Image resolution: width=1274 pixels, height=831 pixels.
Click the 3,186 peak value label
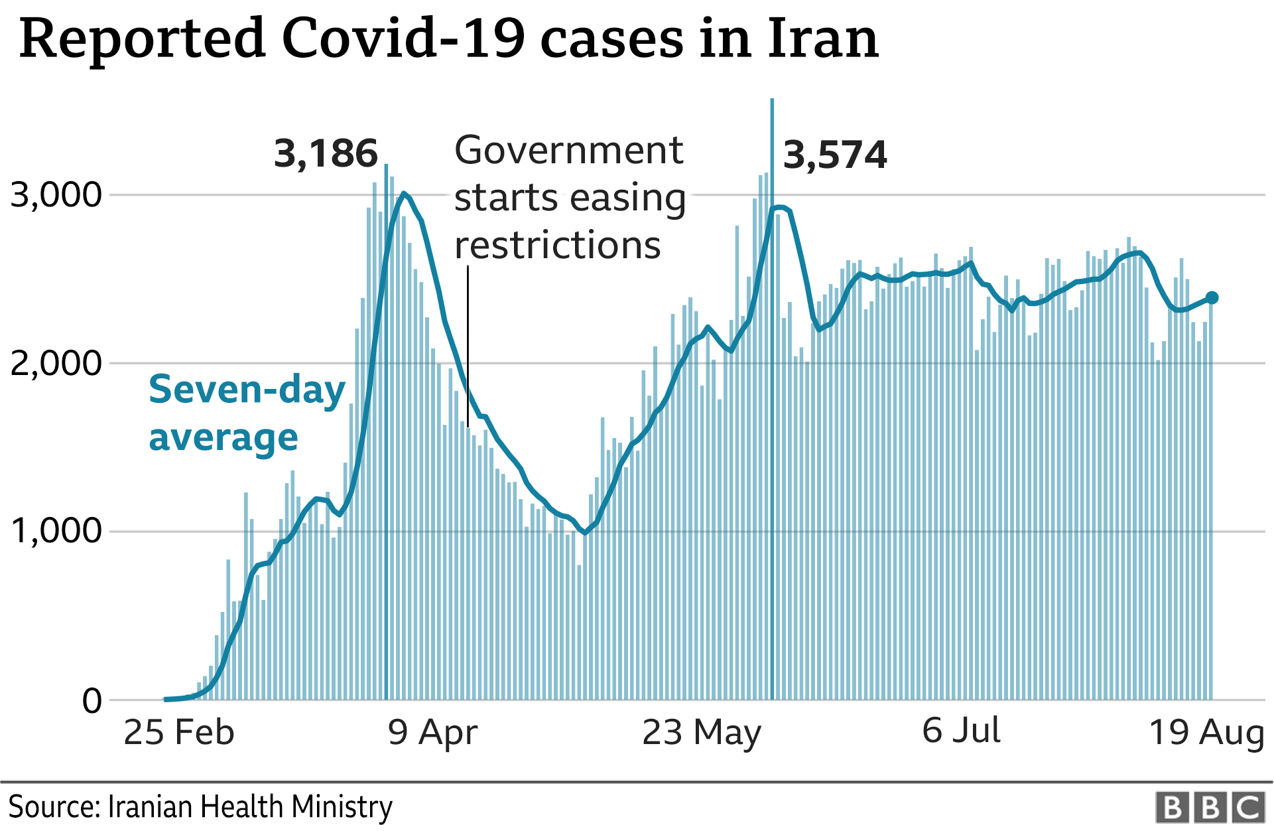pos(326,153)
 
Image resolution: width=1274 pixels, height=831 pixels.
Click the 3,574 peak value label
pos(834,155)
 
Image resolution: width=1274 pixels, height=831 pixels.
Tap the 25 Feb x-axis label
pos(179,732)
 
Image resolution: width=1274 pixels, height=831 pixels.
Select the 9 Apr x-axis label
pos(432,732)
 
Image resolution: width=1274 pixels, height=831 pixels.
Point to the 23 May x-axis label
pos(702,732)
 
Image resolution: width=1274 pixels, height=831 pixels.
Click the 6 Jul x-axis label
pos(961,730)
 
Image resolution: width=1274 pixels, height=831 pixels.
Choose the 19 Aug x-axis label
pos(1206,732)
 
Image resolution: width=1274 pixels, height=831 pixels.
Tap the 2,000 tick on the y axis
pos(56,363)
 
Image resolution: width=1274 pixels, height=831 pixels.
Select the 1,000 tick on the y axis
pos(56,531)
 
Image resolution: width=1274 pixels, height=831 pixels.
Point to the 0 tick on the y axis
pos(92,700)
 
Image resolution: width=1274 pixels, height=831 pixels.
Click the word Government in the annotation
pos(568,150)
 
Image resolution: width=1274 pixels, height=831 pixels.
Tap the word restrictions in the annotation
pos(557,245)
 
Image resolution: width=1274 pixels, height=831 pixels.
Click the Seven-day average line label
pos(247,413)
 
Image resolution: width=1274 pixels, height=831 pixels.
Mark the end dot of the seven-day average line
pos(1211,298)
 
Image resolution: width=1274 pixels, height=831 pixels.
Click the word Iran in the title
pos(822,38)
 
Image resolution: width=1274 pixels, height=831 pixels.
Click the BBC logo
pos(1210,807)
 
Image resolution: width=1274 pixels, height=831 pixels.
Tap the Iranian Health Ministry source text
pos(249,807)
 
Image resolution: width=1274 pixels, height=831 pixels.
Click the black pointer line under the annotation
pos(468,345)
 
